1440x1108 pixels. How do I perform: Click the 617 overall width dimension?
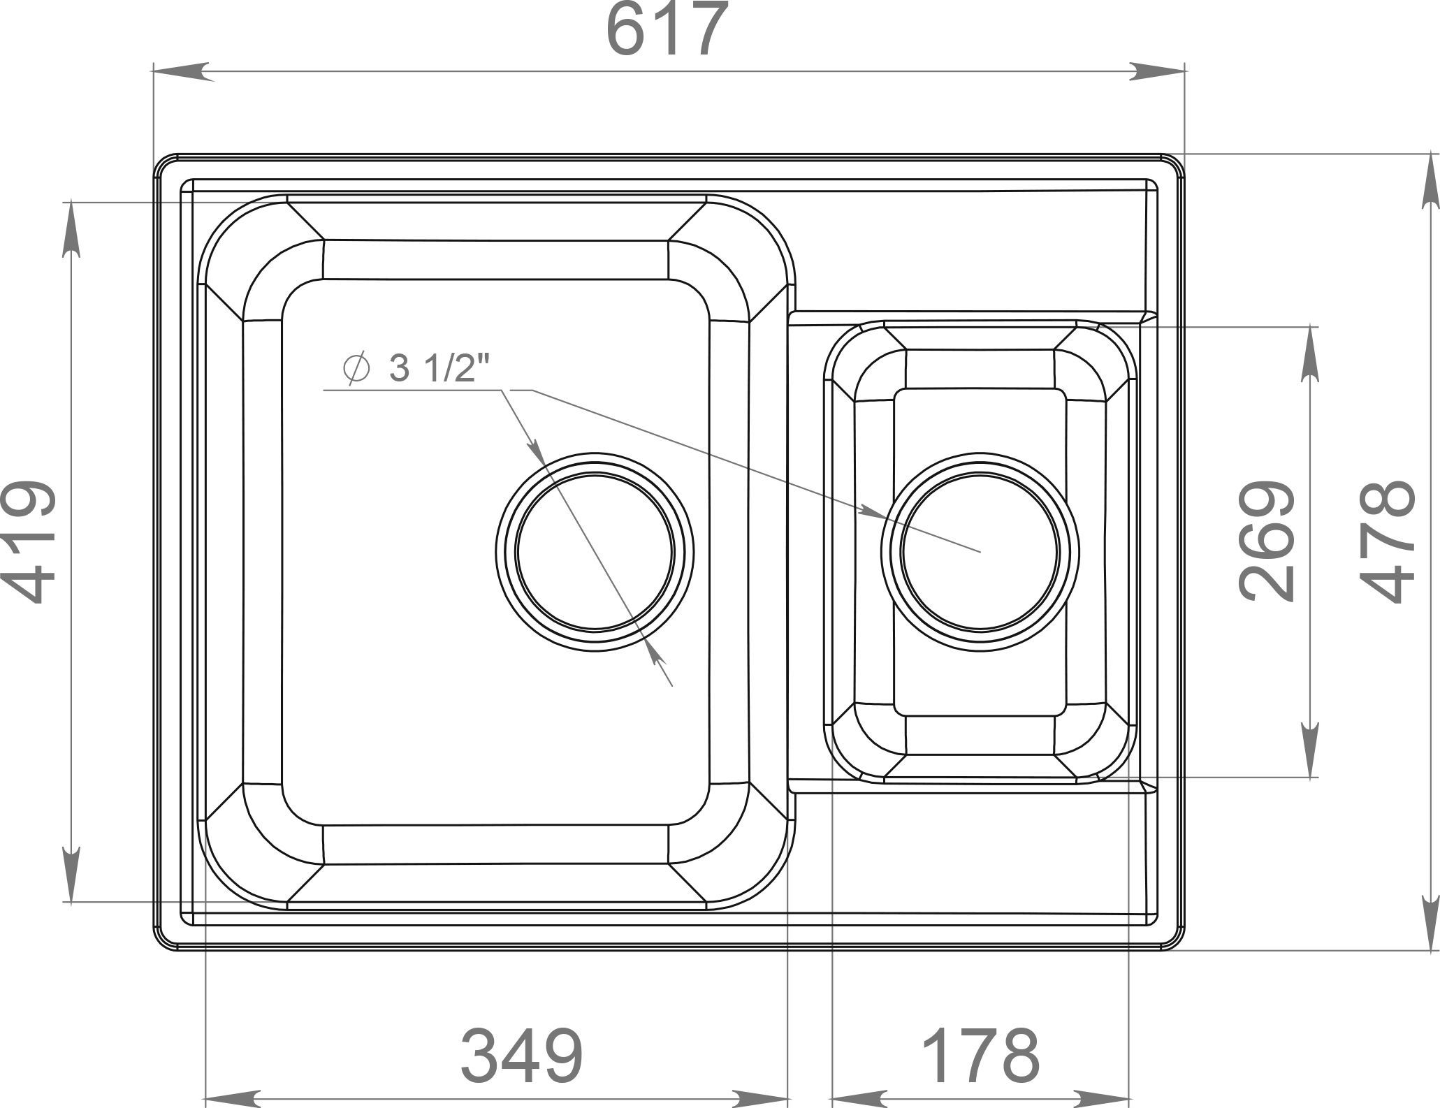[x=668, y=31]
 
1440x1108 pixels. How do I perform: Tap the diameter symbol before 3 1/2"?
[x=357, y=369]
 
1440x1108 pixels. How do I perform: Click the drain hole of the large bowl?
[x=595, y=551]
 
